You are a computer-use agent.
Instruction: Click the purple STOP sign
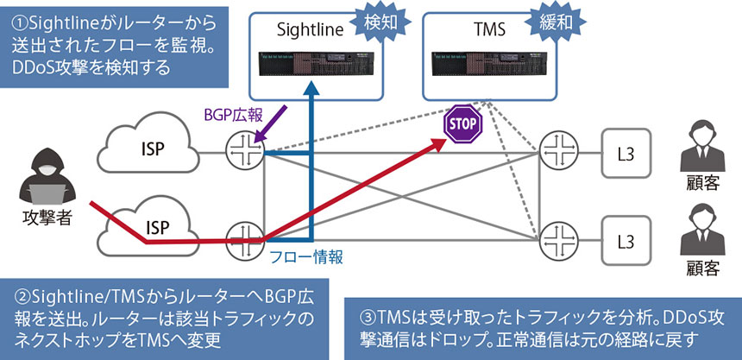(x=461, y=124)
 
